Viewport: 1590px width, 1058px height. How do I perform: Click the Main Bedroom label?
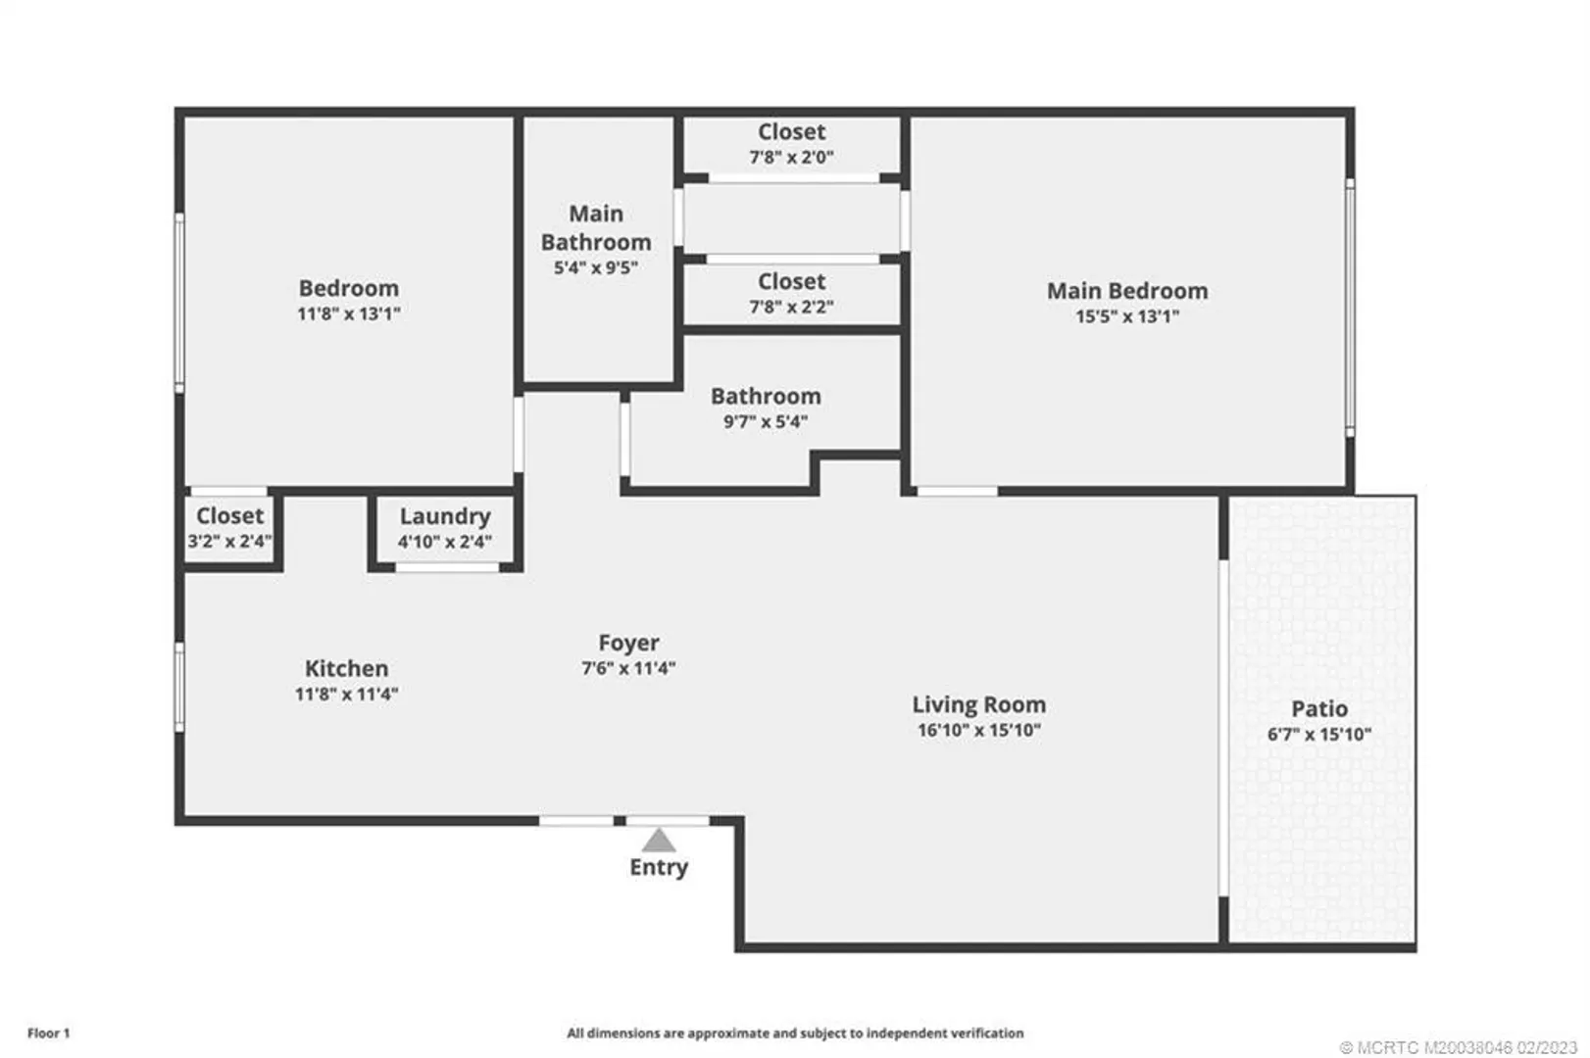click(x=1127, y=291)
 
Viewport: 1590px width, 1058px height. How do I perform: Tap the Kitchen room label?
click(x=346, y=668)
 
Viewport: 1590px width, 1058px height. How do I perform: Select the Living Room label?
click(x=979, y=704)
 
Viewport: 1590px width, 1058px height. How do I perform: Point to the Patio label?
click(x=1319, y=709)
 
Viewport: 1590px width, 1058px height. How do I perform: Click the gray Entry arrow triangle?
click(x=659, y=841)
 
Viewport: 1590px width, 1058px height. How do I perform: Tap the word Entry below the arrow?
click(x=659, y=868)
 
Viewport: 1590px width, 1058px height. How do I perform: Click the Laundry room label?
click(x=445, y=516)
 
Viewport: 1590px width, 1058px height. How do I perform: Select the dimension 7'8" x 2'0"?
click(x=791, y=158)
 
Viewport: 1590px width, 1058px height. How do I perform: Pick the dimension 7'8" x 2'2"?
click(x=791, y=308)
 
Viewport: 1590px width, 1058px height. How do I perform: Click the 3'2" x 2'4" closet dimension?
click(x=229, y=542)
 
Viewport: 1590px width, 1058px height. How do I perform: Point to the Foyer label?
click(x=629, y=643)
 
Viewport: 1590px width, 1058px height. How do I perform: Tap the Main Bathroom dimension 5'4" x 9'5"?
click(x=596, y=268)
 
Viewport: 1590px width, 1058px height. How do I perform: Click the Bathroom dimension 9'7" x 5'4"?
click(x=766, y=422)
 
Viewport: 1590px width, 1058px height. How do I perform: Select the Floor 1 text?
click(x=49, y=1034)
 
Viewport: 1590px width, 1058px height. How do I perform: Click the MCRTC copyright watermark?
click(x=1458, y=1047)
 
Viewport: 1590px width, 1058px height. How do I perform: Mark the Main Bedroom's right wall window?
click(x=1350, y=308)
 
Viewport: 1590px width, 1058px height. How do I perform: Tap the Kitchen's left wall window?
click(x=179, y=687)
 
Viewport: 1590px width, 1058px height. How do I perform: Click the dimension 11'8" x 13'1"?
click(x=349, y=314)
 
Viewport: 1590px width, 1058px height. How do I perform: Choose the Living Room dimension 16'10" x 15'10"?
click(x=979, y=731)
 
